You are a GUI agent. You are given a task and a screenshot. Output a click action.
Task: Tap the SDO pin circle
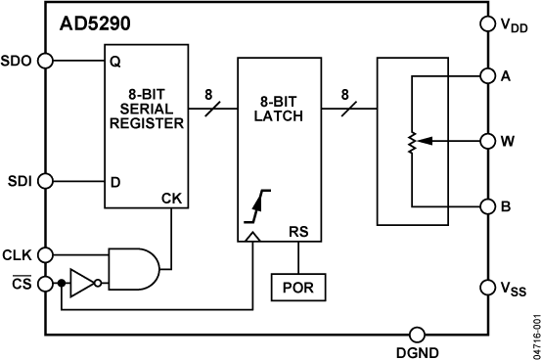click(44, 61)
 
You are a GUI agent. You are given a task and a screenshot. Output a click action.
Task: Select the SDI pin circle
click(44, 181)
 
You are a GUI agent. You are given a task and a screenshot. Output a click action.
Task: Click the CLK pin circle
click(44, 255)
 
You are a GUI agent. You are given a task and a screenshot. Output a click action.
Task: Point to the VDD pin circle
click(488, 23)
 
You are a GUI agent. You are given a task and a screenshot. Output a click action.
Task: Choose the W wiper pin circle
click(488, 141)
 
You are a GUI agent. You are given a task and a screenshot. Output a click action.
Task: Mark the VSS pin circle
click(488, 288)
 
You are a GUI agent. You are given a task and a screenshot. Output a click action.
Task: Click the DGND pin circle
click(418, 334)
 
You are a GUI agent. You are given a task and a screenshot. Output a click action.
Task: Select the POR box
click(299, 288)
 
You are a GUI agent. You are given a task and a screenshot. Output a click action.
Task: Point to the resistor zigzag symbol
click(412, 142)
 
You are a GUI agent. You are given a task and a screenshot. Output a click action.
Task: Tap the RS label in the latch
click(299, 232)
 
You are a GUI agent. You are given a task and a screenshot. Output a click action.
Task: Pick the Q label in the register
click(114, 61)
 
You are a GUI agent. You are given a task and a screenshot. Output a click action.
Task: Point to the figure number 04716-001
click(533, 334)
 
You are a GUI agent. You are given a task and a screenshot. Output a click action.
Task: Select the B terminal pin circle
click(488, 207)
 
